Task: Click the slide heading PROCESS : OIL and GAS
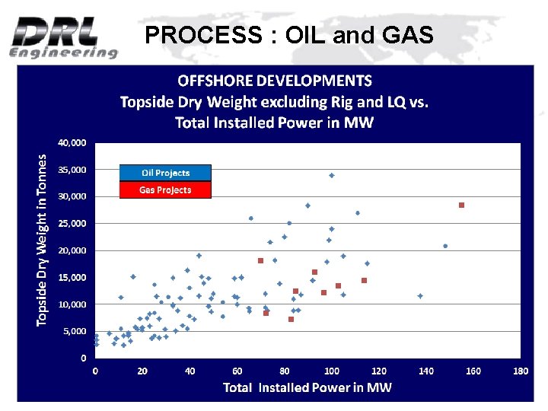point(289,35)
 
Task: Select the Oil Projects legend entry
point(165,173)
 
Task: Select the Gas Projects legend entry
point(165,190)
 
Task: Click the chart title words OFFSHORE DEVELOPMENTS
point(275,81)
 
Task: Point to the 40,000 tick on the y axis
point(72,142)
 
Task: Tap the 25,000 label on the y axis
point(72,224)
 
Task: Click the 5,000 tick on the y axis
point(75,331)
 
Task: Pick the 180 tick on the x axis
point(521,371)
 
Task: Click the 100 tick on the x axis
point(332,371)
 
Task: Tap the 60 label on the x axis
point(237,371)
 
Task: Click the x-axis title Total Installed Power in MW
point(307,387)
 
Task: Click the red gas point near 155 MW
point(461,205)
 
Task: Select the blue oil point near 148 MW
point(445,246)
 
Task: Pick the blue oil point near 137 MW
point(420,296)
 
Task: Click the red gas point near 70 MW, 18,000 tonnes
point(260,261)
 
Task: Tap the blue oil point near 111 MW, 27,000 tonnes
point(358,213)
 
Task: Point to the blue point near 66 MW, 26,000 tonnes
point(251,218)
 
